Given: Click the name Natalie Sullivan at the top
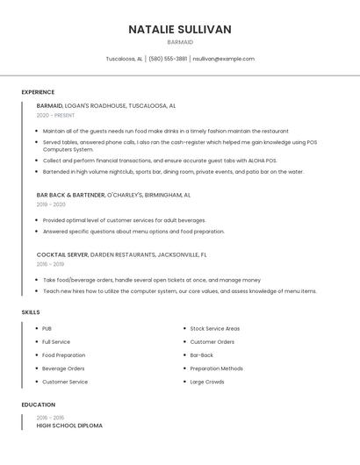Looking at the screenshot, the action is click(180, 29).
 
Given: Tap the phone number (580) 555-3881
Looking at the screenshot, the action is click(168, 59).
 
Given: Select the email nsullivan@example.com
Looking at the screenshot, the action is click(224, 59).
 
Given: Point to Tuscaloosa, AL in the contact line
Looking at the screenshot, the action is click(124, 59).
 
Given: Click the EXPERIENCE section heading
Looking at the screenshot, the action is click(38, 92).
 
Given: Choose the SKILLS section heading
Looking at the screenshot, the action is click(31, 311).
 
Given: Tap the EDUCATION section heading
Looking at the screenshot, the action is click(38, 404).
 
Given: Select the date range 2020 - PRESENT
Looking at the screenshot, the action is click(55, 115).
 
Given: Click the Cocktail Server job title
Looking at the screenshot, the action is click(62, 254).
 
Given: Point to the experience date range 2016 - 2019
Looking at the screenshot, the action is click(50, 264).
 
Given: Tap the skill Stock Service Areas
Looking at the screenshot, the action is click(215, 328).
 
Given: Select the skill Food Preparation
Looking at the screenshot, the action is click(64, 355).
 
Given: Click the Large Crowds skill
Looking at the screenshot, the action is click(207, 382).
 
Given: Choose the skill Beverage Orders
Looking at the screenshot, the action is click(63, 368).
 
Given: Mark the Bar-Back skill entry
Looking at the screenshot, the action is click(202, 355).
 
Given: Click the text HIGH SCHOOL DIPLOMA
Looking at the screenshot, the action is click(69, 426).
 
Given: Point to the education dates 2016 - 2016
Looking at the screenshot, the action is click(50, 418).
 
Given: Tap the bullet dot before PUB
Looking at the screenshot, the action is click(36, 328).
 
